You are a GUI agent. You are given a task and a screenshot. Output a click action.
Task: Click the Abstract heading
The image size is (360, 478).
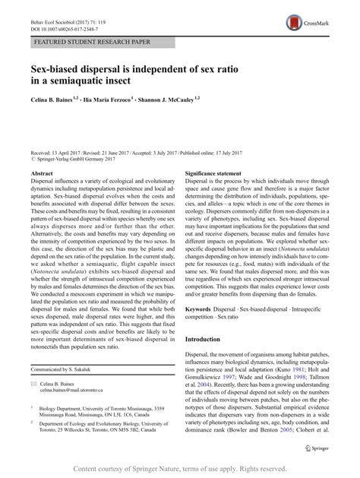point(43,173)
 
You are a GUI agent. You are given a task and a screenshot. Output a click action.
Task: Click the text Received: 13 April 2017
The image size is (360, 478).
point(59,152)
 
